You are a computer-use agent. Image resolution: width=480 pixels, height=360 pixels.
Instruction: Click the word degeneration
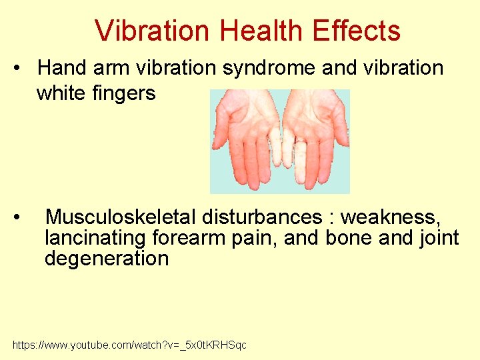107,259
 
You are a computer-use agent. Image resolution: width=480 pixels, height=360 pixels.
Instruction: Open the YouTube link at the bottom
129,345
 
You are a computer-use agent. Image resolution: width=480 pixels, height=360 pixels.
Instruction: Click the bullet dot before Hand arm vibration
23,68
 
